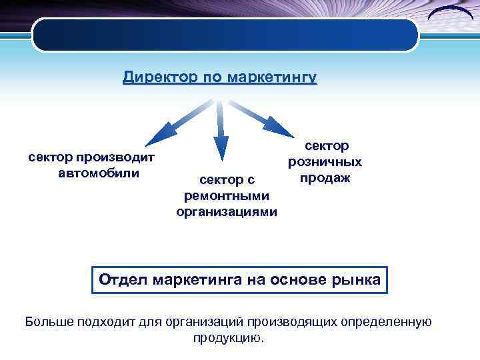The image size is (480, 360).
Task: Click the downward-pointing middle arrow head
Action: click(x=221, y=147)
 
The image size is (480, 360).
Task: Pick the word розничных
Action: click(x=325, y=162)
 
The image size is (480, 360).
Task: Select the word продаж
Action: click(x=325, y=178)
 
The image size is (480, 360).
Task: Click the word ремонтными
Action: click(x=227, y=196)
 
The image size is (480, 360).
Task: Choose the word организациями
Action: click(x=227, y=212)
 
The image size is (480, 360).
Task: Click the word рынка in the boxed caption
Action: click(x=356, y=279)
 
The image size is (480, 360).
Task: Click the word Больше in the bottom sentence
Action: click(x=48, y=322)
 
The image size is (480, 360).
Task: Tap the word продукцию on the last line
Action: click(x=228, y=338)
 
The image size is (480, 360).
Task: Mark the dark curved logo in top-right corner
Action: click(x=452, y=15)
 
